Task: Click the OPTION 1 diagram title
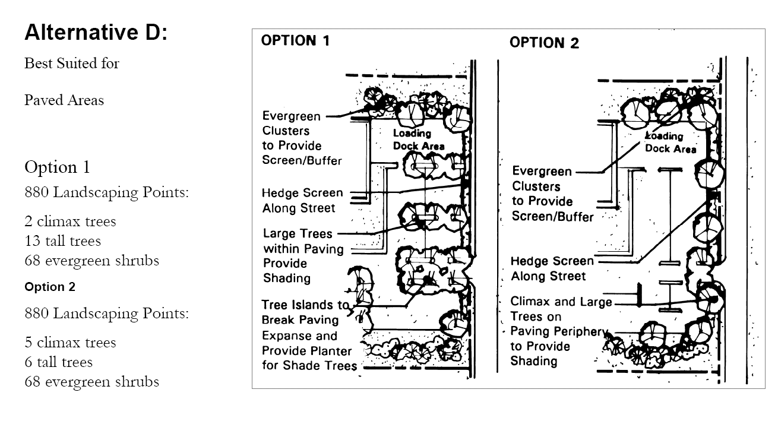pyautogui.click(x=295, y=41)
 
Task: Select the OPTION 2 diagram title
pyautogui.click(x=544, y=43)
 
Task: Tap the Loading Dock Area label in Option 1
pyautogui.click(x=418, y=140)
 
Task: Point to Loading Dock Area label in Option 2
pyautogui.click(x=671, y=143)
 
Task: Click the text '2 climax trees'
pyautogui.click(x=70, y=221)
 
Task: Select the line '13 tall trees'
pyautogui.click(x=62, y=241)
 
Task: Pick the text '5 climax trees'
pyautogui.click(x=70, y=343)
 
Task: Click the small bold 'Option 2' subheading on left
pyautogui.click(x=50, y=287)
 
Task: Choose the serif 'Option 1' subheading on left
pyautogui.click(x=57, y=168)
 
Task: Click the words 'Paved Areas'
pyautogui.click(x=64, y=100)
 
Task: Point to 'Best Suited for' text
pyautogui.click(x=71, y=64)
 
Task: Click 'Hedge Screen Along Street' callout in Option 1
pyautogui.click(x=302, y=201)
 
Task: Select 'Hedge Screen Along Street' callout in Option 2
pyautogui.click(x=552, y=269)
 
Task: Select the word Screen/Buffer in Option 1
pyautogui.click(x=302, y=160)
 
